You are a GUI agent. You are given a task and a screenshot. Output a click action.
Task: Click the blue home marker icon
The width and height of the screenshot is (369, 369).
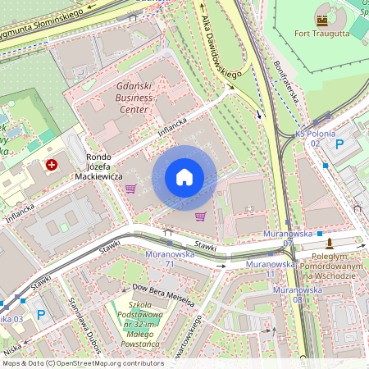184,177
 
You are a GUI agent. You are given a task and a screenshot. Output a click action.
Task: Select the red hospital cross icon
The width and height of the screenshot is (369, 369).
52,165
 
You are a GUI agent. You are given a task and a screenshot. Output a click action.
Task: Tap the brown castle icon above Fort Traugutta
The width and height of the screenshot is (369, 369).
322,18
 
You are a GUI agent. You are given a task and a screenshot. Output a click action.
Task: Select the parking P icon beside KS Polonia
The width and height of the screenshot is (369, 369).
339,144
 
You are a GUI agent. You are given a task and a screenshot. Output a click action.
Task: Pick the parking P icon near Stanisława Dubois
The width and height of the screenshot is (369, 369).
40,313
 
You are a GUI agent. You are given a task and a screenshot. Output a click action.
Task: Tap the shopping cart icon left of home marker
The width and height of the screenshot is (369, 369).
130,189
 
